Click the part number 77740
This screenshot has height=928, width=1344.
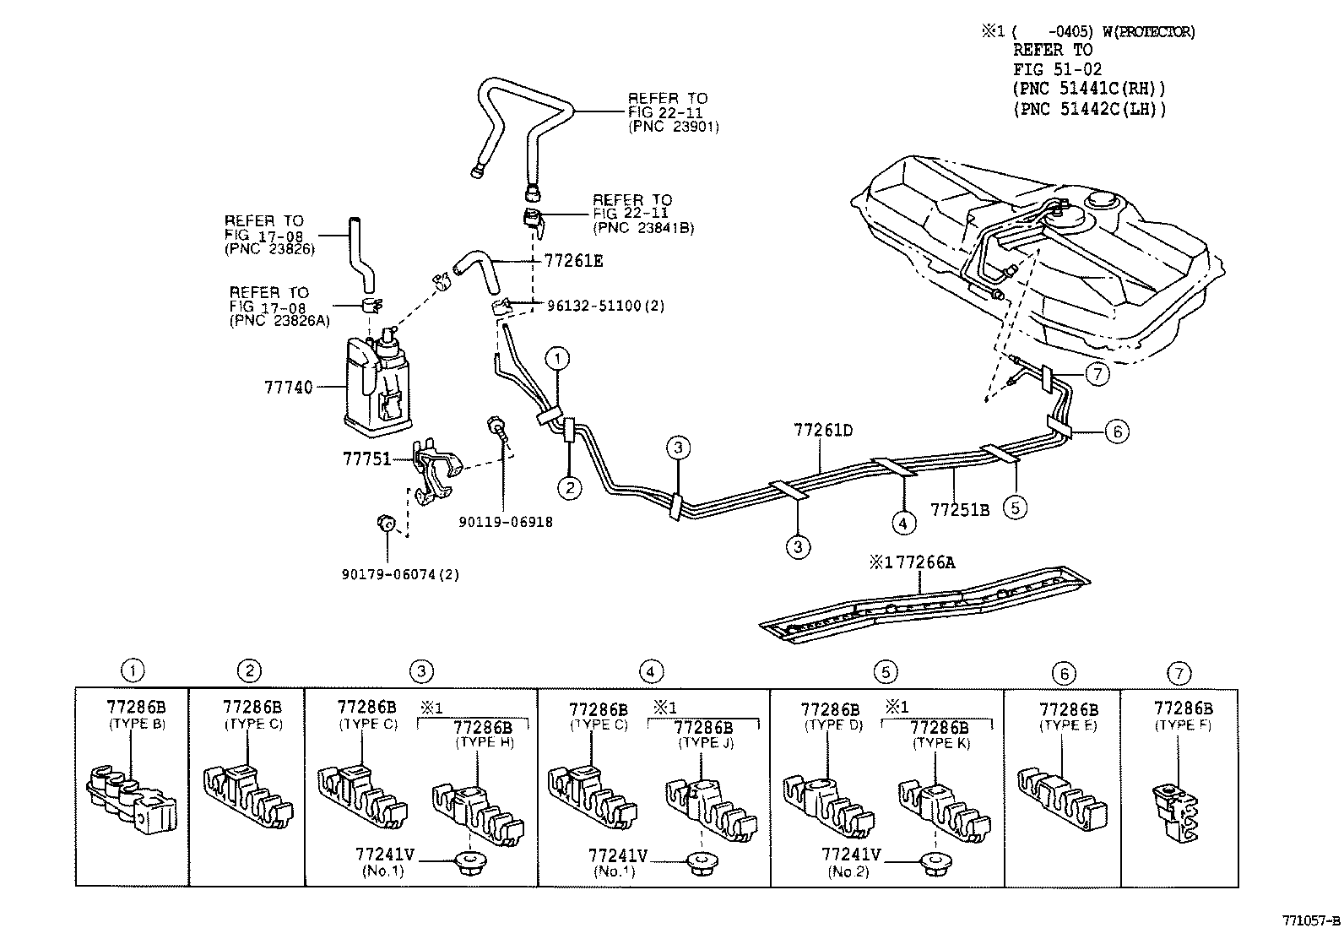pyautogui.click(x=288, y=388)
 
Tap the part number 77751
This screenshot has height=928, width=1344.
pyautogui.click(x=366, y=459)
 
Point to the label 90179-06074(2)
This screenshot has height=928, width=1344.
pyautogui.click(x=400, y=574)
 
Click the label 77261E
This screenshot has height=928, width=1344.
pyautogui.click(x=573, y=261)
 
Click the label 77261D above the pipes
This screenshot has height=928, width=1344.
pyautogui.click(x=822, y=430)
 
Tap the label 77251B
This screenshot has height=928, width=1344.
pyautogui.click(x=959, y=510)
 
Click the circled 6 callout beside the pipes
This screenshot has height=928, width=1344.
pyautogui.click(x=1116, y=431)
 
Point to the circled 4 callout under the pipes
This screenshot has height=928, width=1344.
pyautogui.click(x=902, y=524)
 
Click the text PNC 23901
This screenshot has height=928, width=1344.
pyautogui.click(x=673, y=126)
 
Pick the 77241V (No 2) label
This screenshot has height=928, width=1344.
pyautogui.click(x=850, y=862)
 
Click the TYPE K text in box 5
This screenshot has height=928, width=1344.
pyautogui.click(x=940, y=744)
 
